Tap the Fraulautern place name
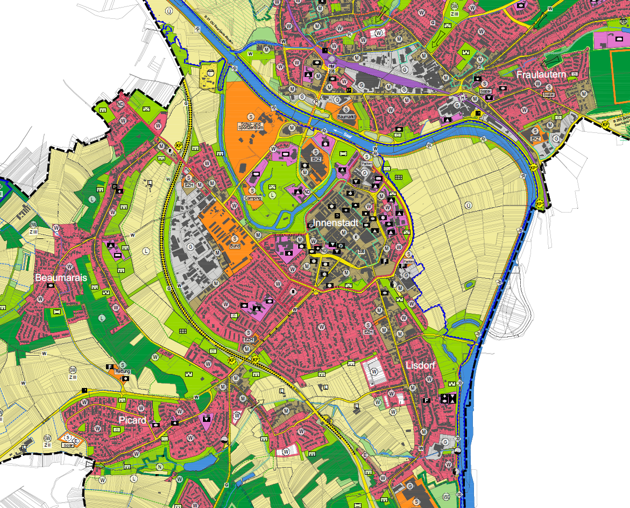tap(541, 75)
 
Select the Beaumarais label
tap(61, 278)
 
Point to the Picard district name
tap(132, 420)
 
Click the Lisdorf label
tap(421, 365)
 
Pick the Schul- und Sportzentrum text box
tap(250, 126)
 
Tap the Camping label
tap(252, 198)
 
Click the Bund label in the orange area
tap(235, 246)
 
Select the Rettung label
tap(123, 371)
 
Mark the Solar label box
tap(68, 445)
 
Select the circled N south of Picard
tap(159, 467)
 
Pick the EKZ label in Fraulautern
tap(535, 138)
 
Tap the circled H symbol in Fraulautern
tap(462, 97)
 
